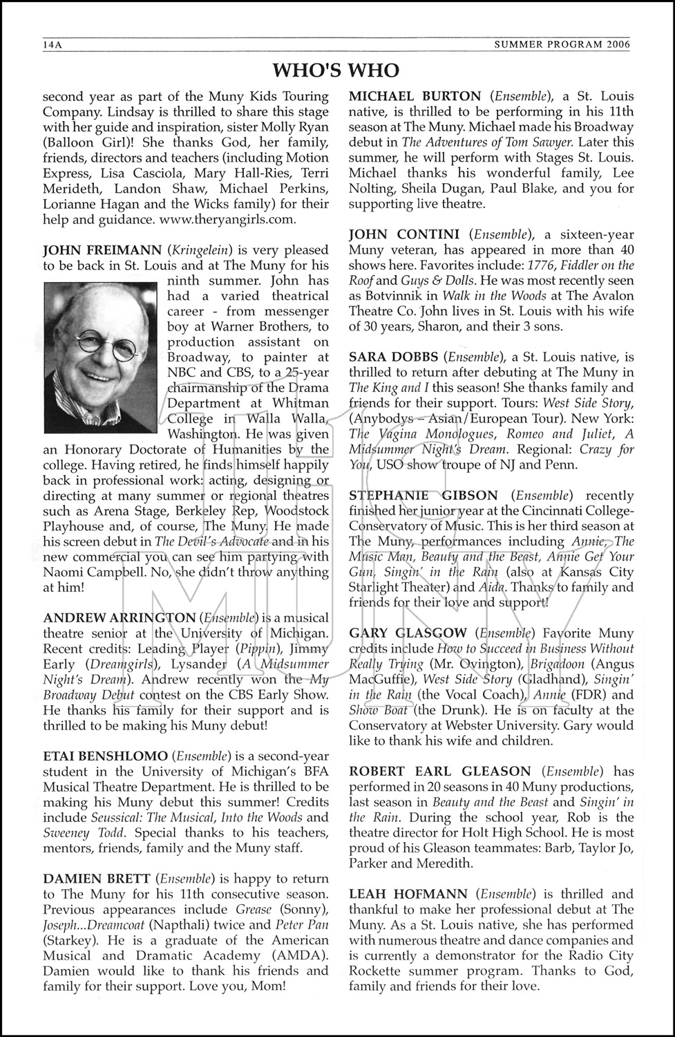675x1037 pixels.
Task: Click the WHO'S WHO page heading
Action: coord(336,70)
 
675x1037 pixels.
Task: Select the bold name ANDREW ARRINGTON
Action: coord(120,618)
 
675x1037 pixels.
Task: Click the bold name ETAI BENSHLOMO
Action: coord(105,756)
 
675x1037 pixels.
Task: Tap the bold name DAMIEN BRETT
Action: coord(97,879)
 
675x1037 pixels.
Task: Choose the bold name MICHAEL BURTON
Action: coord(415,97)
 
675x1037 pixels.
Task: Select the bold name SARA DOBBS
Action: coord(394,357)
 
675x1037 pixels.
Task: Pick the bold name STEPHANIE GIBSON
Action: coord(424,496)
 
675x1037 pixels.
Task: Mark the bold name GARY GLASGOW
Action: coord(408,633)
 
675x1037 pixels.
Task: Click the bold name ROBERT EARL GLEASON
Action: coord(440,772)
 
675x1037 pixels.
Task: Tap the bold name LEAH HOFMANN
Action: coord(408,894)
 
